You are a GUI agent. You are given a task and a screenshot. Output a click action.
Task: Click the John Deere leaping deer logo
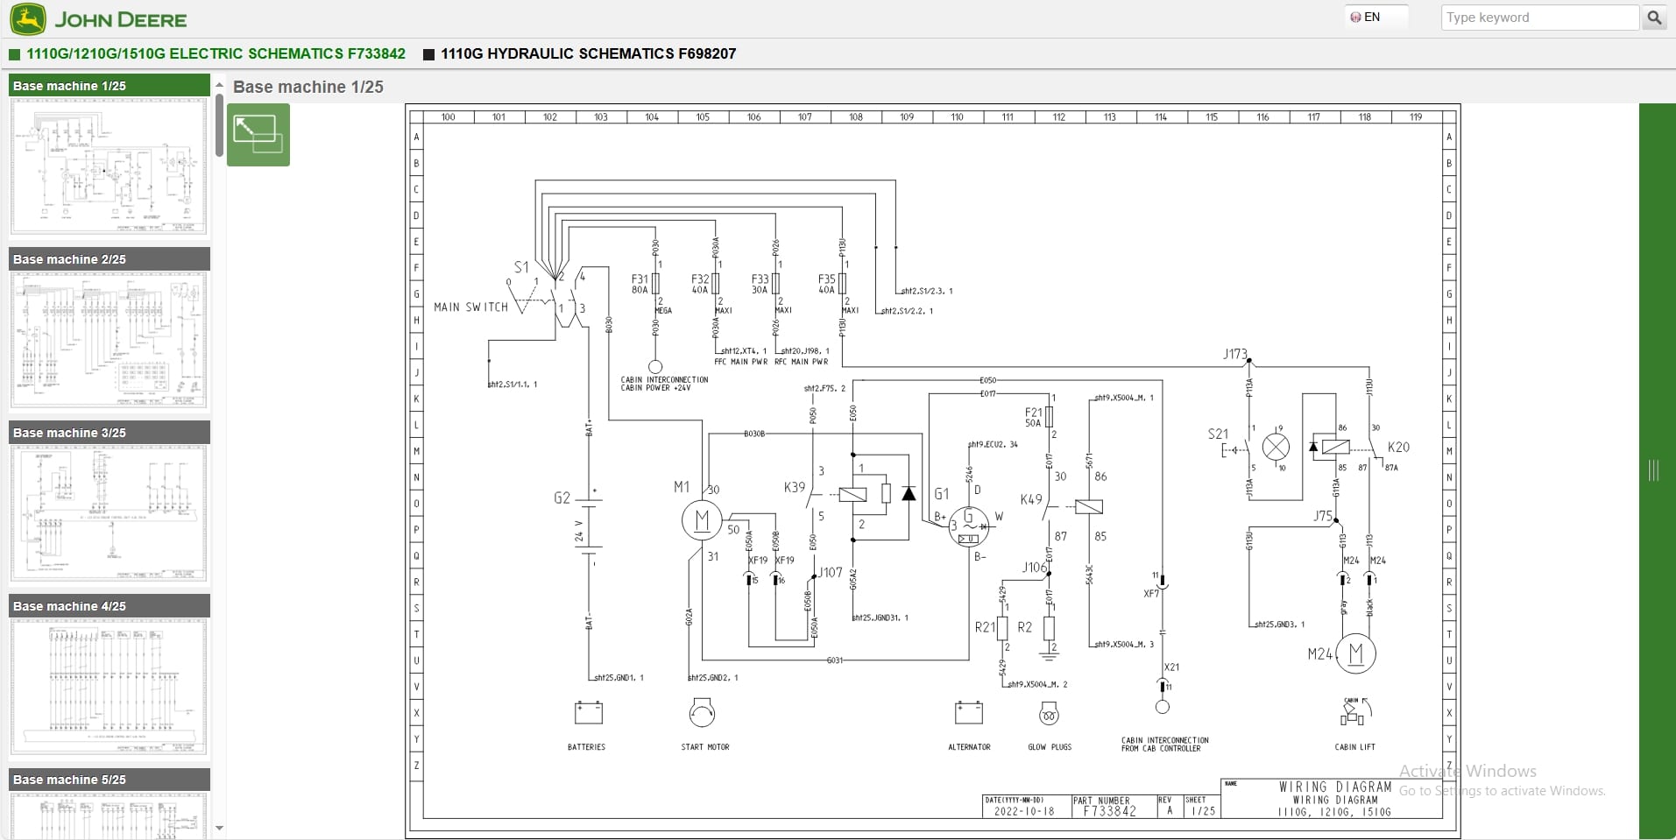28,19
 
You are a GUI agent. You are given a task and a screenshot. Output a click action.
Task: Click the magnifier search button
1654,18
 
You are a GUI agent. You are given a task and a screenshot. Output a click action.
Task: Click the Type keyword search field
1539,18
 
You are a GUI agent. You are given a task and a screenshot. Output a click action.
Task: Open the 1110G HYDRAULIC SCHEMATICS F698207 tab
587,53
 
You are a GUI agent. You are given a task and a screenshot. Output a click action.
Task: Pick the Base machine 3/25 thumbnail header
110,433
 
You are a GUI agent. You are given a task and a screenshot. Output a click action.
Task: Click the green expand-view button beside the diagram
258,135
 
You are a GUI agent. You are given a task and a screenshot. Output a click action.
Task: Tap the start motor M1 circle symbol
702,521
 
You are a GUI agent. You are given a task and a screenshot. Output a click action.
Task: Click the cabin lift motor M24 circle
1356,653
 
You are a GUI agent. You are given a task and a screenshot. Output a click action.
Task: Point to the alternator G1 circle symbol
969,526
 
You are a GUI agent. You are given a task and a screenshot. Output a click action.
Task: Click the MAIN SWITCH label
470,307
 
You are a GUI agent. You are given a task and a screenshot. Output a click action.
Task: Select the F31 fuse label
640,279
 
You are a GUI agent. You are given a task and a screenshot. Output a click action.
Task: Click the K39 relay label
794,487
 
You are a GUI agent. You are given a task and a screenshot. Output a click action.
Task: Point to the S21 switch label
1218,434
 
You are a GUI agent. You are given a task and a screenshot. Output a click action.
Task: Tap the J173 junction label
1234,354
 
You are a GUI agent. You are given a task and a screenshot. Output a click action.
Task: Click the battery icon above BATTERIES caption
588,713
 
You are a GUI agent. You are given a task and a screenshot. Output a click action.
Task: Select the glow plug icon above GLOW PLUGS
1049,715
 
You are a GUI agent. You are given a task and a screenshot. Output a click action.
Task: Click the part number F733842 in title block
1109,812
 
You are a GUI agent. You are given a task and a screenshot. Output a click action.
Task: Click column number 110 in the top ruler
957,116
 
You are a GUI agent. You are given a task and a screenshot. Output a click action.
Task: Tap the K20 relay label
1398,447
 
